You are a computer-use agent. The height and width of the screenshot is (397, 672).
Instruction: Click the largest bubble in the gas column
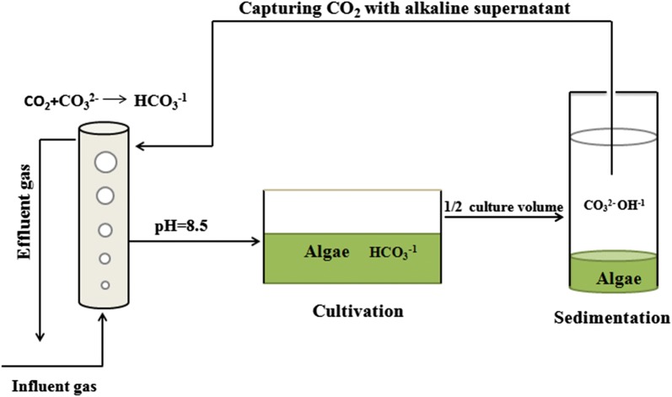[105, 160]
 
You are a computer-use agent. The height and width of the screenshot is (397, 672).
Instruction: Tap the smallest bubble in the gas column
[105, 284]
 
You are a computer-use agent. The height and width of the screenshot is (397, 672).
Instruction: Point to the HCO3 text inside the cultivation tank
[389, 251]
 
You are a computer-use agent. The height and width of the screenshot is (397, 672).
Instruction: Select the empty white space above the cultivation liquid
[353, 211]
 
